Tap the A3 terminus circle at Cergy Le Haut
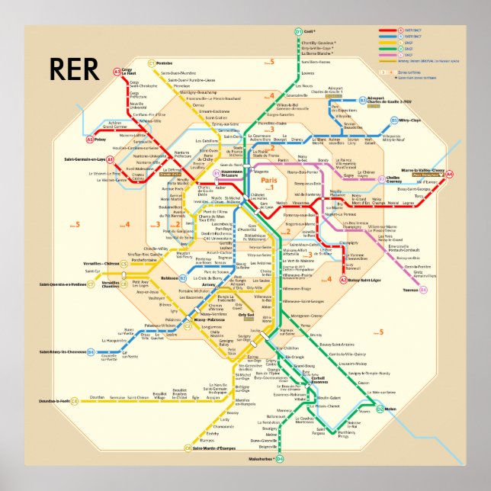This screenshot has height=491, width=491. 117,72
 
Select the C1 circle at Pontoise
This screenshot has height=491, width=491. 151,63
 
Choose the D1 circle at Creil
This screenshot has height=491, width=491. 298,31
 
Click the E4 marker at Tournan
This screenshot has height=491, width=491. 424,290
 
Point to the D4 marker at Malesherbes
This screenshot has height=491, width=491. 279,459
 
